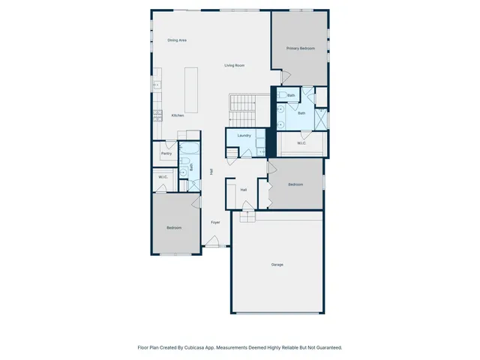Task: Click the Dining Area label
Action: pos(177,40)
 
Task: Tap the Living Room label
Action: pos(235,66)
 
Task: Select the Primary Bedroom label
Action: pos(300,48)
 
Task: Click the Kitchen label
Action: pos(178,115)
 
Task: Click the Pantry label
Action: pos(166,154)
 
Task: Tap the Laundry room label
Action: pos(244,136)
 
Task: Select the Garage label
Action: pos(277,265)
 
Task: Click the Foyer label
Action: pos(215,223)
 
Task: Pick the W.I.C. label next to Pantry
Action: pos(163,177)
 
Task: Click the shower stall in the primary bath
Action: pos(320,118)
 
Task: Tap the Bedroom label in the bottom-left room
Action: pos(174,228)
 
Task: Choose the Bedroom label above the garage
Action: pos(295,184)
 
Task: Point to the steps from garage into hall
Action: pos(247,217)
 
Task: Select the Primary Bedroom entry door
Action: pos(284,76)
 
